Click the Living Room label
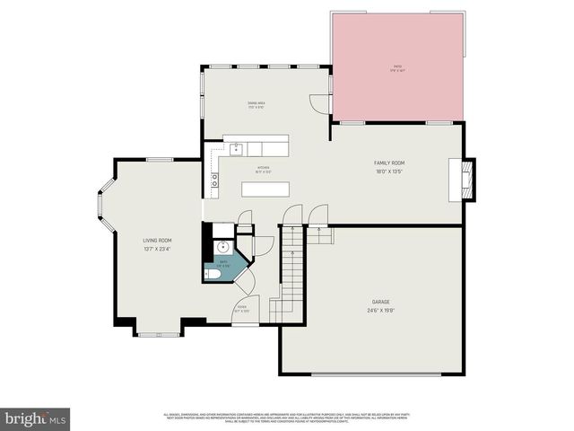[157, 241]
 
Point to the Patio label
[396, 66]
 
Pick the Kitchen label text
[264, 167]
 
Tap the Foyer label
[242, 307]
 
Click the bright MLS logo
[36, 418]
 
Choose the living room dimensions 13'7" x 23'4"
[157, 249]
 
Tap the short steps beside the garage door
[322, 236]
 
